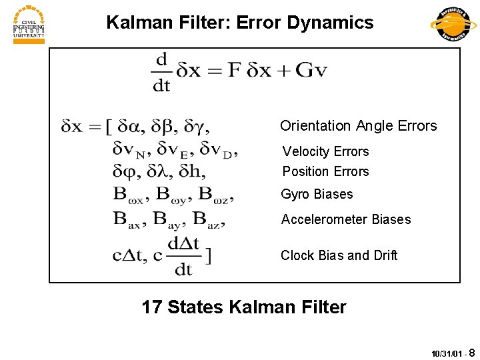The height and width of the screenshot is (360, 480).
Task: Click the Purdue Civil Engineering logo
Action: (29, 25)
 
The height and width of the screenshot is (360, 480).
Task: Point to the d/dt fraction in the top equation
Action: (162, 72)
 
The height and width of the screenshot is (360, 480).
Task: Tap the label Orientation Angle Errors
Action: (358, 126)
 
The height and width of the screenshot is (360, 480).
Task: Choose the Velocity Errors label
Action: (325, 151)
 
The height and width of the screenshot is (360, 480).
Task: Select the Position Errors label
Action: (325, 171)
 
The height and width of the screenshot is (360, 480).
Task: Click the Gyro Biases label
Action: (317, 194)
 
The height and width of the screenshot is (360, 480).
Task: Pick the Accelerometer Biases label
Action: (345, 219)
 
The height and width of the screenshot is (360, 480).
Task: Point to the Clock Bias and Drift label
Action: (339, 255)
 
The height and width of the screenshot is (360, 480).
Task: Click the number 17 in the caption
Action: (151, 307)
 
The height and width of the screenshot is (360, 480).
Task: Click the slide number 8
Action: (472, 351)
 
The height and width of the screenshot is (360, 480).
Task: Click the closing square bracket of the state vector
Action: (209, 255)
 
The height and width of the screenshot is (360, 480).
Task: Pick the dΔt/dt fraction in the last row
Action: (183, 255)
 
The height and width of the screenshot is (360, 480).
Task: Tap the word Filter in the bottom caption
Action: (322, 307)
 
